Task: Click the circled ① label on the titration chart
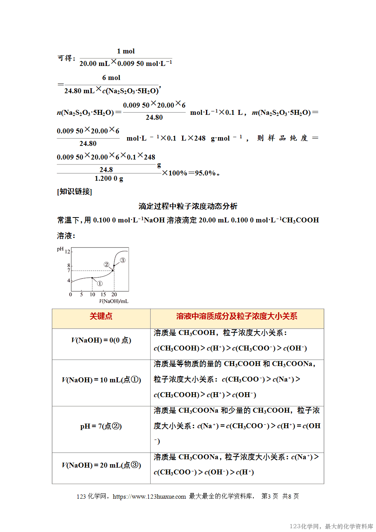[x=100, y=283]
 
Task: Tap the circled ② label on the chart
[x=106, y=264]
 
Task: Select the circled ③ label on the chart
[x=122, y=260]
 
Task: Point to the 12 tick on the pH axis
[x=67, y=252]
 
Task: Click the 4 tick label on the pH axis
[x=69, y=280]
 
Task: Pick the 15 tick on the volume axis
[x=103, y=294]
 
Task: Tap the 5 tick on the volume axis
[x=81, y=294]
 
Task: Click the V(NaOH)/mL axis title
[x=114, y=301]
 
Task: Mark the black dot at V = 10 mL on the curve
[x=92, y=278]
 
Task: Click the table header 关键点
[x=101, y=316]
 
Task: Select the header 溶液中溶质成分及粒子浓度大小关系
[x=237, y=316]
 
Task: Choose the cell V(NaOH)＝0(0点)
[x=101, y=340]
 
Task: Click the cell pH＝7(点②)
[x=101, y=426]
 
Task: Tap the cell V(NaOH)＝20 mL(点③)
[x=101, y=465]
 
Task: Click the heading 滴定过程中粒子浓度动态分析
[x=188, y=206]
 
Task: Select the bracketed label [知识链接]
[x=75, y=191]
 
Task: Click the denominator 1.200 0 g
[x=109, y=178]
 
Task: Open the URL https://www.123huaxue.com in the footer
[x=149, y=496]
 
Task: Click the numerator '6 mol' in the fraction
[x=111, y=78]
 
